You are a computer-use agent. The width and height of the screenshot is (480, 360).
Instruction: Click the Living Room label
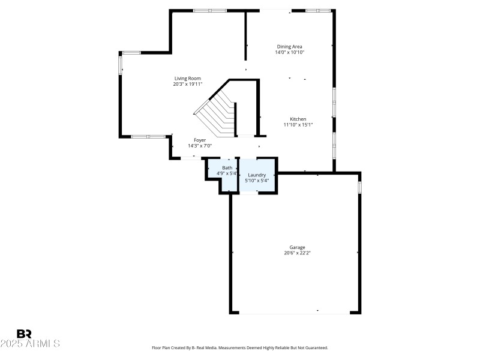point(187,78)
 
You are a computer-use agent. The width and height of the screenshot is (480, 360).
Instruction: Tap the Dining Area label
point(289,46)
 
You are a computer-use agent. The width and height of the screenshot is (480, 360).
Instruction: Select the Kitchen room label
point(298,119)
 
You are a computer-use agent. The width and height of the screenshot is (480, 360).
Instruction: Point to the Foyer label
point(200,140)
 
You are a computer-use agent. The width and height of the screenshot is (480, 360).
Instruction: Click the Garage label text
point(298,247)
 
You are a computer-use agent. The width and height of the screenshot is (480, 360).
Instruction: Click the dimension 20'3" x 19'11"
point(187,84)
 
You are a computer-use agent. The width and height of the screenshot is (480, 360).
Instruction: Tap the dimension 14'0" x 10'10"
point(289,52)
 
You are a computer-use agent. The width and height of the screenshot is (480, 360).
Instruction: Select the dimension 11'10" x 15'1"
point(298,125)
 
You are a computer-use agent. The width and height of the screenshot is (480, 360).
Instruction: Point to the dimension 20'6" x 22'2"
point(298,253)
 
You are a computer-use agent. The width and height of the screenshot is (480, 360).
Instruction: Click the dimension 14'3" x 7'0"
point(200,146)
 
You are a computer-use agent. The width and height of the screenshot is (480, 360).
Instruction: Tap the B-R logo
point(24,334)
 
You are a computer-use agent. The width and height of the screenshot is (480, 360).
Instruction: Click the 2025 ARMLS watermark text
point(30,344)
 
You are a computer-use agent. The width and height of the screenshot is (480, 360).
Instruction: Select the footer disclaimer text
point(240,347)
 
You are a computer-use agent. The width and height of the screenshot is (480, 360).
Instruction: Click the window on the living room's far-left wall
point(120,63)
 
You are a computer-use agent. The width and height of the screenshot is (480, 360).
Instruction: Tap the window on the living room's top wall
point(210,10)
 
